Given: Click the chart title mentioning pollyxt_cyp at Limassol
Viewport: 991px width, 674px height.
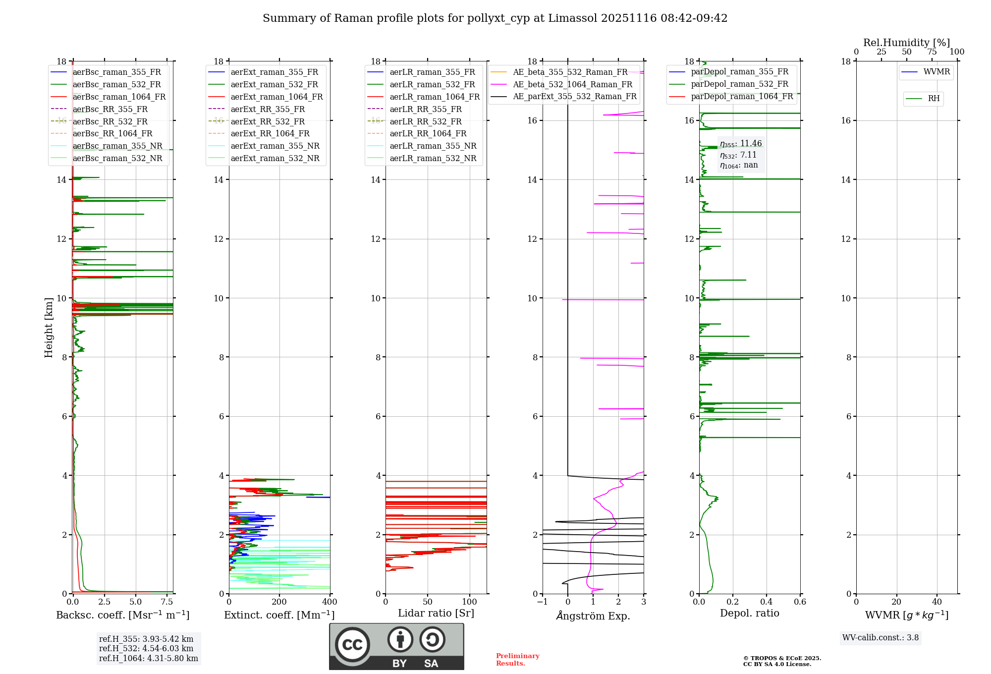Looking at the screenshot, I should (495, 18).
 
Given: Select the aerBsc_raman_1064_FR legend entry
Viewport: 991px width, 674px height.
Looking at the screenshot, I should (119, 97).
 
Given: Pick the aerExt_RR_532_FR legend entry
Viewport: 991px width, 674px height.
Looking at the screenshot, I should (268, 121).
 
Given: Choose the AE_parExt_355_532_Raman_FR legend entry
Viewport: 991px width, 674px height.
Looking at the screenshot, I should (574, 96).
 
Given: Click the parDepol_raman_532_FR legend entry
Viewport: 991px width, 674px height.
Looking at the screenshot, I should (739, 84).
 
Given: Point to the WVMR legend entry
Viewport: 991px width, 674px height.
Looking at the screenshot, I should (936, 72).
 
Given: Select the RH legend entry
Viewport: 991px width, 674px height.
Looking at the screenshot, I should (934, 99).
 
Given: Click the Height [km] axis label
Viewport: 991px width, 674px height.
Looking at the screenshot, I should (49, 327).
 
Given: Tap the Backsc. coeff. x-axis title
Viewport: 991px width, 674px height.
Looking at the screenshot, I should (122, 615).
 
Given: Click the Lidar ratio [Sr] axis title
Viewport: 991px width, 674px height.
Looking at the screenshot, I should (436, 613).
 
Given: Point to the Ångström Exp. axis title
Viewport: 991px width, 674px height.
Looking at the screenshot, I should (593, 616).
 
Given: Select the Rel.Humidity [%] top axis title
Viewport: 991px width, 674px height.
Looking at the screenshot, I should (906, 43).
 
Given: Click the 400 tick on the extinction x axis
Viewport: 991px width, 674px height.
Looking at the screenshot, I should (330, 602).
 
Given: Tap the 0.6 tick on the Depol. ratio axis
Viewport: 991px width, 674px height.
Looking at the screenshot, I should (800, 602).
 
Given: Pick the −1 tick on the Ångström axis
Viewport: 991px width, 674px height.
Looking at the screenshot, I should (542, 602).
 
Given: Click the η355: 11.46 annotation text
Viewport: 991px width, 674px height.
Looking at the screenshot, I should (741, 144).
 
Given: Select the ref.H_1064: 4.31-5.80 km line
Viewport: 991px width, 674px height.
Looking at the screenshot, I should (148, 659).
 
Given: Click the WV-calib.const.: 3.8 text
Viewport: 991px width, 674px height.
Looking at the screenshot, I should (880, 638).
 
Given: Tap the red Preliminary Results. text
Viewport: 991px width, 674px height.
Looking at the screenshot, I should (517, 660).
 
